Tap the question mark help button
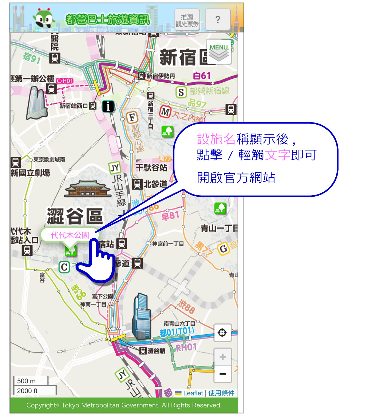tap(218, 20)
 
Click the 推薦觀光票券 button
tap(187, 20)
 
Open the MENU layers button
tap(219, 52)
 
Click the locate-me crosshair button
tap(222, 333)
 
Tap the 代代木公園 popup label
tap(70, 235)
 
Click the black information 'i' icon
tap(108, 106)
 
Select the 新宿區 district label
tap(185, 57)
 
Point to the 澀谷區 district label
tap(75, 216)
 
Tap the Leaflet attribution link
tap(193, 393)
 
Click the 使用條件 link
tap(221, 393)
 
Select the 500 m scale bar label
tap(26, 381)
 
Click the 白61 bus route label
tap(202, 76)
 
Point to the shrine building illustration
tap(88, 189)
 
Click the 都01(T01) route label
tap(177, 332)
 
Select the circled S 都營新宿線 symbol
tap(181, 92)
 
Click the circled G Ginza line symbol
tap(223, 249)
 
